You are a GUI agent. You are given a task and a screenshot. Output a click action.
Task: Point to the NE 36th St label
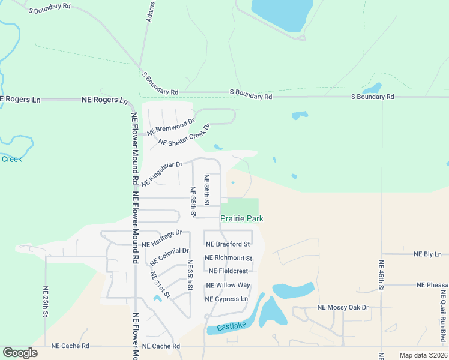click(x=206, y=190)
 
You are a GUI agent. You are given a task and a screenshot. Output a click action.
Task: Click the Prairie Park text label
click(x=242, y=219)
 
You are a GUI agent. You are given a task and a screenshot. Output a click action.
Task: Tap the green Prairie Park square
click(x=243, y=206)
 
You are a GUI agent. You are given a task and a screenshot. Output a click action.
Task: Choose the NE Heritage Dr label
click(x=162, y=238)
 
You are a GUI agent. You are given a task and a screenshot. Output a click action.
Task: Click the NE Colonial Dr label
click(x=169, y=257)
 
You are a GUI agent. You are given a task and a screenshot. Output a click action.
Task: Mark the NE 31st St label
click(x=160, y=285)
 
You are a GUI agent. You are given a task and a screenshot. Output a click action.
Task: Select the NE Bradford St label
click(x=228, y=244)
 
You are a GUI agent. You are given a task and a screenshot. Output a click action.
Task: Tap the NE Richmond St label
click(x=229, y=258)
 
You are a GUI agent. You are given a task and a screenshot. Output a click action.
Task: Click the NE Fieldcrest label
click(x=229, y=271)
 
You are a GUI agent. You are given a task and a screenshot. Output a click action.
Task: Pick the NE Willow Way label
click(x=228, y=285)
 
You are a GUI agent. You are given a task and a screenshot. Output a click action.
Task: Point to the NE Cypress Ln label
click(x=226, y=299)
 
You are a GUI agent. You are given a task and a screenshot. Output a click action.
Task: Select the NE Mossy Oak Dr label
click(x=343, y=307)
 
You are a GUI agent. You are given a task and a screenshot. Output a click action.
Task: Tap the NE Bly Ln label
click(x=427, y=254)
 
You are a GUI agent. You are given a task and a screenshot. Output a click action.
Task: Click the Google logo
click(x=20, y=353)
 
